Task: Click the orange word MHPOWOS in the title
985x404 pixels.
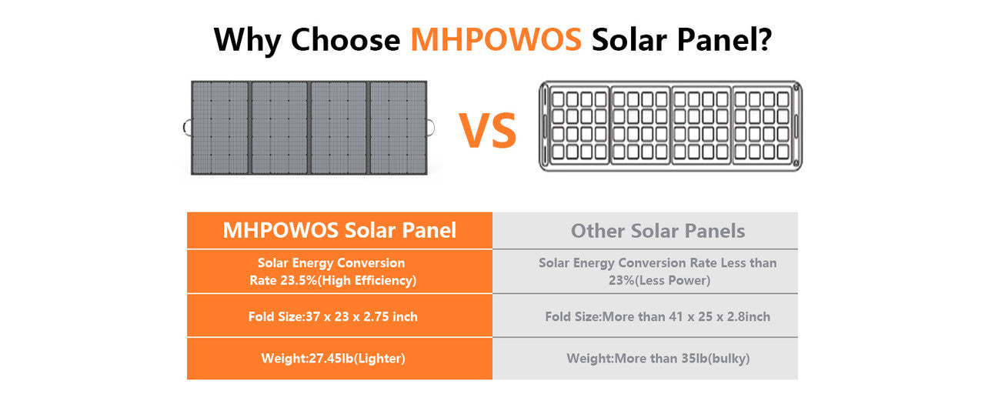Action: (496, 38)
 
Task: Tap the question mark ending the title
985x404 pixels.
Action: (762, 38)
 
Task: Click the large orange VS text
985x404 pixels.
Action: (488, 131)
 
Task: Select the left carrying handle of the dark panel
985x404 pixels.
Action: (187, 128)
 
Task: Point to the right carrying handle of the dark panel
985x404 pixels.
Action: (432, 127)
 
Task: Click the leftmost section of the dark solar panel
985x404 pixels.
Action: (221, 127)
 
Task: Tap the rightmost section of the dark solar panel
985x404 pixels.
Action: (399, 127)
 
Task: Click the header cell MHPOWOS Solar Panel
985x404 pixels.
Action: (339, 230)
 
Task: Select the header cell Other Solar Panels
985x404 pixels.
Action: (658, 231)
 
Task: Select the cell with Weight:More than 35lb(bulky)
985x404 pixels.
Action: (658, 359)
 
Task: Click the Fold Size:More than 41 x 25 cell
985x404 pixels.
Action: (658, 316)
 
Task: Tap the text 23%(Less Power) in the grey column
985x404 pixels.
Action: (658, 281)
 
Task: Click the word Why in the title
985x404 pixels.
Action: (248, 38)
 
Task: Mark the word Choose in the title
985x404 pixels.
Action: (345, 38)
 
